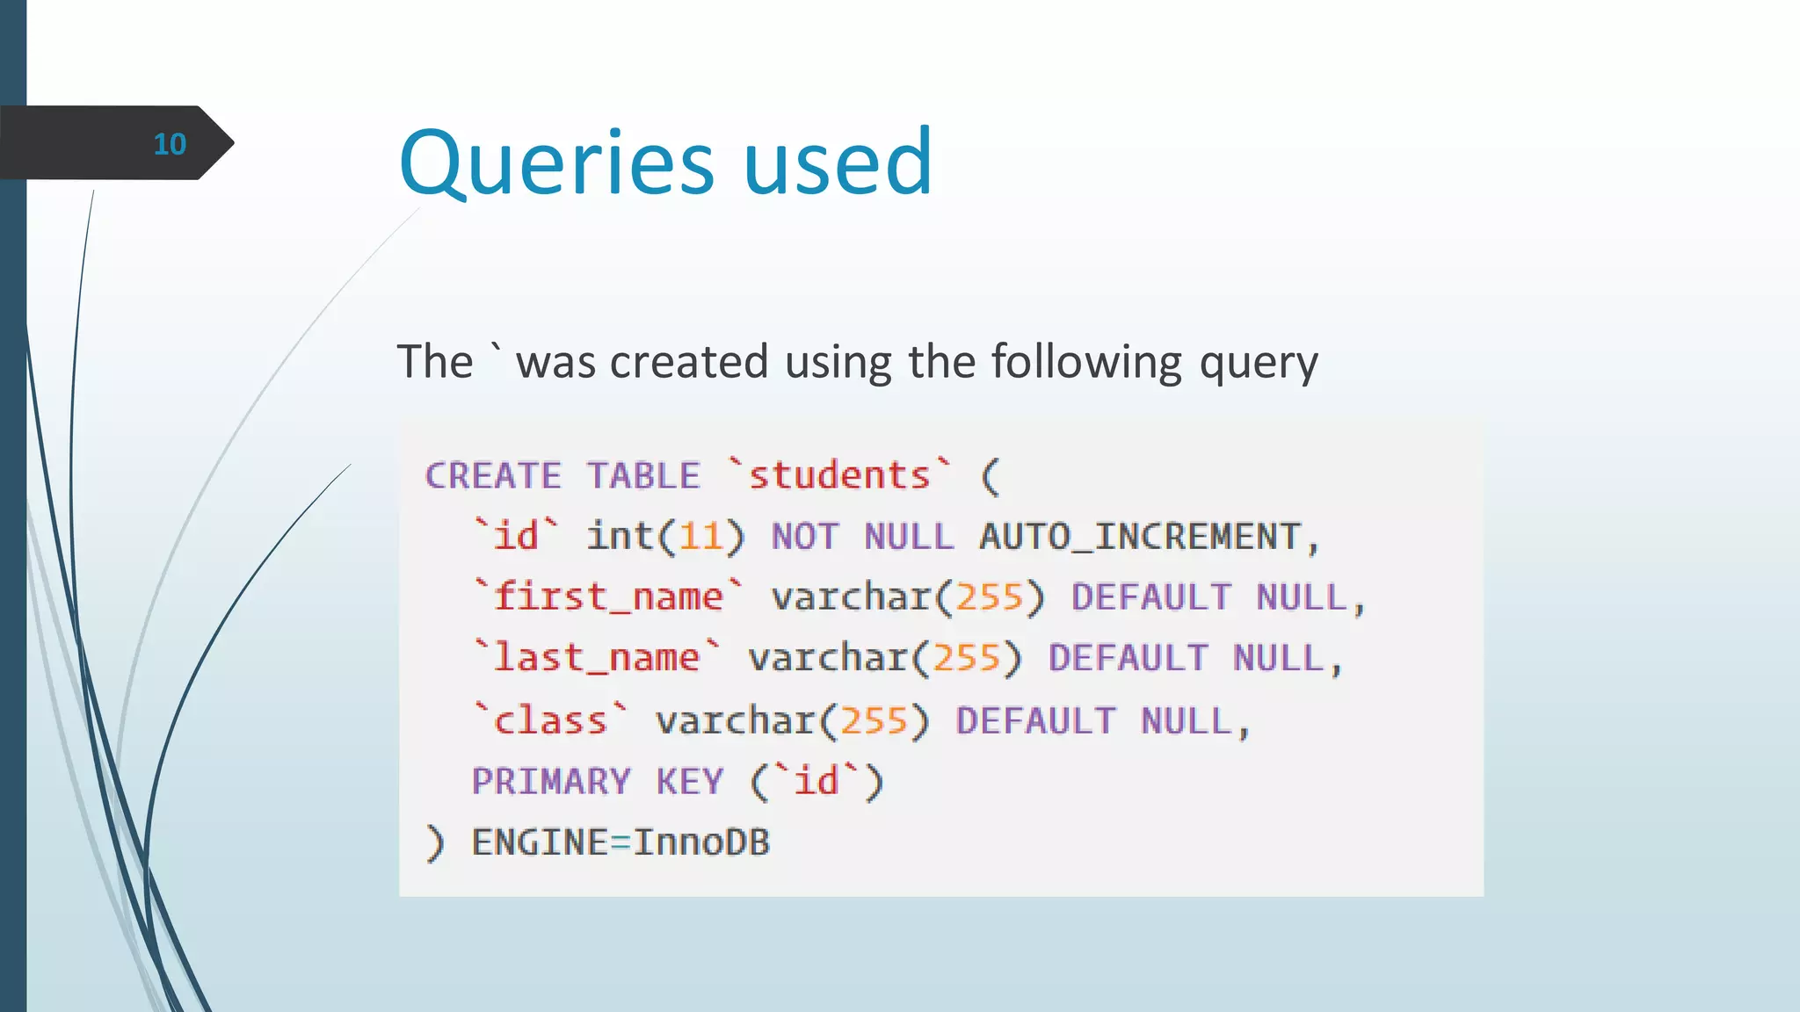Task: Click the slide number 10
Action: click(x=170, y=144)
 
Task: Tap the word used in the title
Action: click(x=838, y=163)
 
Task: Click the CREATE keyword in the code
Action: click(x=493, y=476)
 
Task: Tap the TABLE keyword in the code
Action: click(x=643, y=476)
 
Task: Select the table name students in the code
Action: click(x=839, y=476)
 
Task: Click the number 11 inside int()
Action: click(x=700, y=537)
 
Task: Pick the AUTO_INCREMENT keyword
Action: click(x=1140, y=537)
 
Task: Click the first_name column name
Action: click(x=608, y=597)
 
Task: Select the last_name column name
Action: click(x=597, y=658)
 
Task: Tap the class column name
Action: click(x=550, y=721)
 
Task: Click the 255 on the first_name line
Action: click(x=989, y=597)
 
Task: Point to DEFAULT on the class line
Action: click(x=1035, y=721)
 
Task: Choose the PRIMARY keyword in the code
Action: click(x=551, y=782)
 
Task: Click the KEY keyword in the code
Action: click(x=690, y=782)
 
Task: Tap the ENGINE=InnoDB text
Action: click(x=621, y=842)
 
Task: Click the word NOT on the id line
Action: click(x=805, y=537)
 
